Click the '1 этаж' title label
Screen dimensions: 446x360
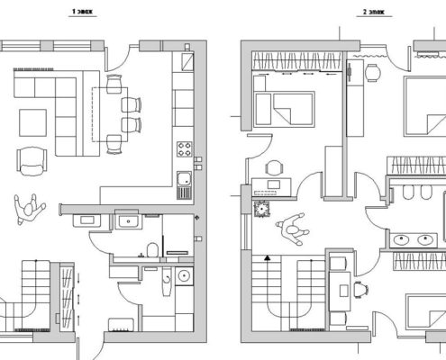pyautogui.click(x=82, y=12)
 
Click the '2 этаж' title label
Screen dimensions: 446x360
pyautogui.click(x=374, y=12)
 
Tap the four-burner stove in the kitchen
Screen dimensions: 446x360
pyautogui.click(x=185, y=149)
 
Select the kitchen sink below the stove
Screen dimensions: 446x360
pyautogui.click(x=184, y=179)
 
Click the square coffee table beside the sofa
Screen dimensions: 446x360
pyautogui.click(x=32, y=122)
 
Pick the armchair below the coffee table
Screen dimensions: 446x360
pyautogui.click(x=32, y=161)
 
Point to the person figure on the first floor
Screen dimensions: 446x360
pyautogui.click(x=29, y=209)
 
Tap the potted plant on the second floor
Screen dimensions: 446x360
pyautogui.click(x=262, y=209)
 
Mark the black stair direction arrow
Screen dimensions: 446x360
pyautogui.click(x=268, y=257)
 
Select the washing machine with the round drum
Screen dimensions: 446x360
pyautogui.click(x=184, y=275)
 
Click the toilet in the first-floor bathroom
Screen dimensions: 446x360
pyautogui.click(x=152, y=249)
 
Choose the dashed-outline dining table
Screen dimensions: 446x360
pyautogui.click(x=110, y=114)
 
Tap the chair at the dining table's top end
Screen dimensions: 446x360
pyautogui.click(x=114, y=84)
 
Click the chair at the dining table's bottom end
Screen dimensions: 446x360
pyautogui.click(x=114, y=144)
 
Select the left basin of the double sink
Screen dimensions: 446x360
pyautogui.click(x=401, y=239)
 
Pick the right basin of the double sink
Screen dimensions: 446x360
pyautogui.click(x=425, y=239)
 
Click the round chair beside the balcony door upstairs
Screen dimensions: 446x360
pyautogui.click(x=373, y=73)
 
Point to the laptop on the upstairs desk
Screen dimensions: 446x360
pyautogui.click(x=274, y=184)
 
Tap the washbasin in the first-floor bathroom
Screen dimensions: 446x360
pyautogui.click(x=129, y=221)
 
